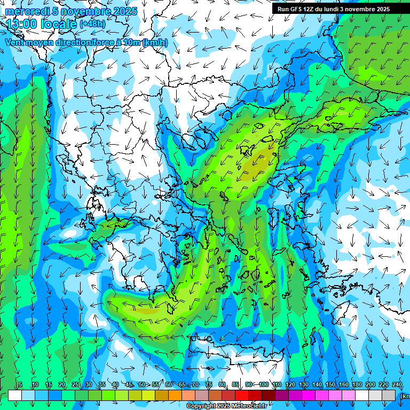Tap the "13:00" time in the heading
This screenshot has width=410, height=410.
point(22,24)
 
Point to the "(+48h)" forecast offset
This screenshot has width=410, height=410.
point(92,24)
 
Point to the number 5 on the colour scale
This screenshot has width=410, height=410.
point(20,385)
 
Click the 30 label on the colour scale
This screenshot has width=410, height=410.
point(88,385)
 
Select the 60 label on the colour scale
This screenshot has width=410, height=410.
point(168,385)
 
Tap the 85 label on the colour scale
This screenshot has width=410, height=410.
point(235,385)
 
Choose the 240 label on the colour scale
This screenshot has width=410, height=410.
point(397,385)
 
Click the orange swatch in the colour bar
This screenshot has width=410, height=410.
point(175,395)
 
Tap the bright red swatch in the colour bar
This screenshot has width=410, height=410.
point(242,395)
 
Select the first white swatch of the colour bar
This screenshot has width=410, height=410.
point(15,395)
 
